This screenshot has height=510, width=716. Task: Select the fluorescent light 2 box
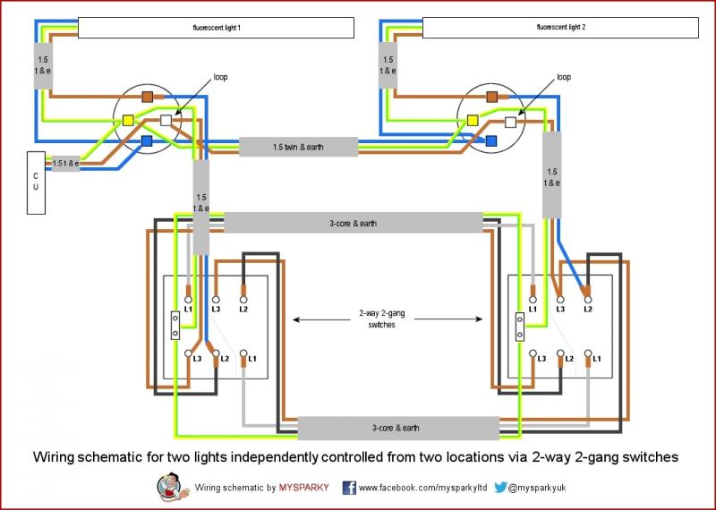(559, 29)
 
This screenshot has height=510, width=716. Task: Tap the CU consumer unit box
(36, 183)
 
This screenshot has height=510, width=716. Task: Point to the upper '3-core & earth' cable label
(354, 222)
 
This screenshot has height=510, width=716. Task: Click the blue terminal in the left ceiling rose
(147, 141)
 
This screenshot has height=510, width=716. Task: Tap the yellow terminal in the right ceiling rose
(473, 120)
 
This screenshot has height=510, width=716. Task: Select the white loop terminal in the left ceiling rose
(166, 121)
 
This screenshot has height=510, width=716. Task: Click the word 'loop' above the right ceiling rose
(563, 77)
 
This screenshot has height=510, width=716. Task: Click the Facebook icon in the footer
(349, 488)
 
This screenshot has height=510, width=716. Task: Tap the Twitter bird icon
(501, 488)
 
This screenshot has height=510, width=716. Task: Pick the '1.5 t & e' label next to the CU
(65, 164)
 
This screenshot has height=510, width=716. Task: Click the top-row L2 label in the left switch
(243, 309)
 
